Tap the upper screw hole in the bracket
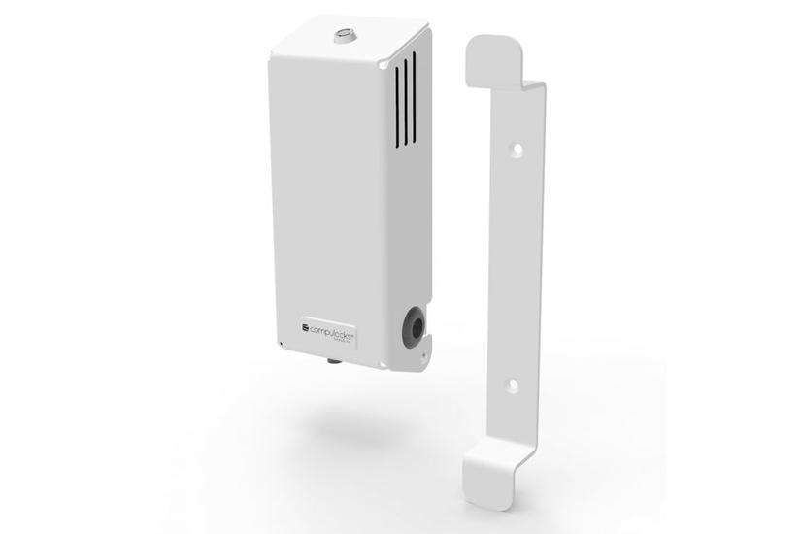point(517,150)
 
